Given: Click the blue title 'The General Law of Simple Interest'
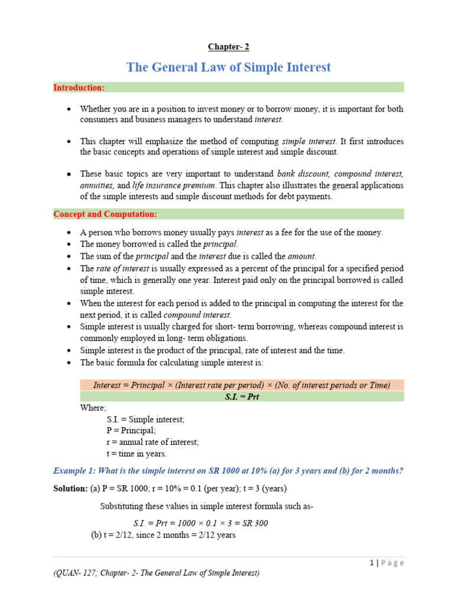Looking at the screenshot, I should tap(229, 67).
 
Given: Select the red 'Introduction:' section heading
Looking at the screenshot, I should tap(79, 87).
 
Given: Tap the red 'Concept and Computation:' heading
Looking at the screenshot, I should tap(105, 214).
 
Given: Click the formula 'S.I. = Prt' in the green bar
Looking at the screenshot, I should tap(242, 396).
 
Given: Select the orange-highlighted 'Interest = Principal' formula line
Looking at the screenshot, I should tap(242, 385).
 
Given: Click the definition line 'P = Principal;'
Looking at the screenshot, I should tap(131, 431).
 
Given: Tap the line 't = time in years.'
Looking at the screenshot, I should tap(137, 454).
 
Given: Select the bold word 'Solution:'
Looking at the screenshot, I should tap(70, 489).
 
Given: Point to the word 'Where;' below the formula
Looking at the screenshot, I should tap(93, 408).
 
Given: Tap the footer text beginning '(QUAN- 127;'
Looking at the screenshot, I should tap(156, 573).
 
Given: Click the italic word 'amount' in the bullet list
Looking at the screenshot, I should tap(301, 256).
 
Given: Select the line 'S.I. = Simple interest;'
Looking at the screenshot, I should tap(145, 419).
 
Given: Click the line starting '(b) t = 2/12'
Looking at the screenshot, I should tap(163, 535).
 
